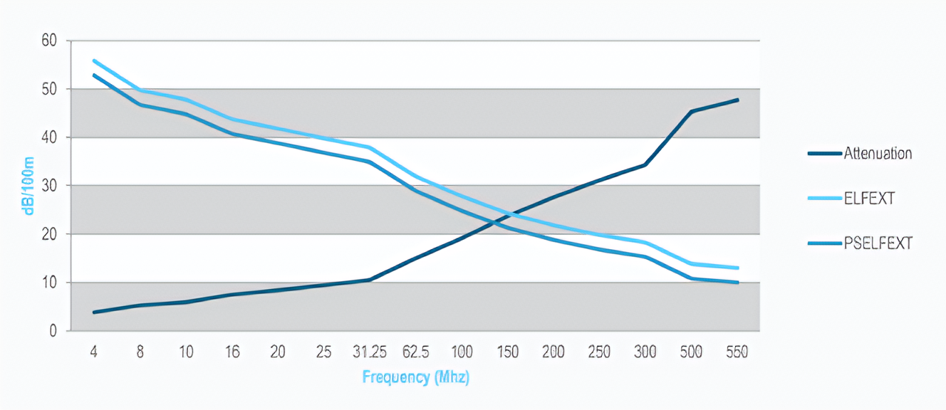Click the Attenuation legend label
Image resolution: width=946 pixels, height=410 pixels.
[878, 153]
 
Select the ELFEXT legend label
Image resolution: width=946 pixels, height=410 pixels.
[869, 199]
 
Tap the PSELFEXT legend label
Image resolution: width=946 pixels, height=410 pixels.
[878, 243]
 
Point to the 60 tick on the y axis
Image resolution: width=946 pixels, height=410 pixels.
[49, 41]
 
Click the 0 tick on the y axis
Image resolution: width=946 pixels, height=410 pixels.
[53, 331]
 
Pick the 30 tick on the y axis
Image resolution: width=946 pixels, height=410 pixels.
[49, 186]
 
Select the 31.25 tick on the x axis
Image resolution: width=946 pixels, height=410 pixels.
[370, 352]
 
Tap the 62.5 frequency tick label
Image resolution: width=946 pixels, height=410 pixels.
[415, 352]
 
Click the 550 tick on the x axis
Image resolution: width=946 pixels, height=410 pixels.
[737, 352]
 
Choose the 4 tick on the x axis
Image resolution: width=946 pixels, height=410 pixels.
[94, 352]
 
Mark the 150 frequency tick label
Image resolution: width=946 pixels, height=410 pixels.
[508, 352]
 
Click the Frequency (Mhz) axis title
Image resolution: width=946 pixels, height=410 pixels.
[415, 377]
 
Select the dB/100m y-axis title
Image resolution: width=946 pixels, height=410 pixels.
[28, 186]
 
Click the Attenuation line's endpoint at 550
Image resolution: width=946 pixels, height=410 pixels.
[737, 100]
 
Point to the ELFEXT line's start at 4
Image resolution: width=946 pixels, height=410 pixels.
[94, 61]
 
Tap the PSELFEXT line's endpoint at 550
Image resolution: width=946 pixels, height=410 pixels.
[737, 282]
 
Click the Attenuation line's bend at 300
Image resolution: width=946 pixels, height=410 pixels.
[645, 164]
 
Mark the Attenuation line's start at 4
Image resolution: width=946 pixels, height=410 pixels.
[94, 312]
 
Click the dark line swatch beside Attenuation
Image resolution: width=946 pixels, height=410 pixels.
[825, 154]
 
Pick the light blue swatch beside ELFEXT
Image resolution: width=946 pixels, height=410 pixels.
[825, 199]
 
